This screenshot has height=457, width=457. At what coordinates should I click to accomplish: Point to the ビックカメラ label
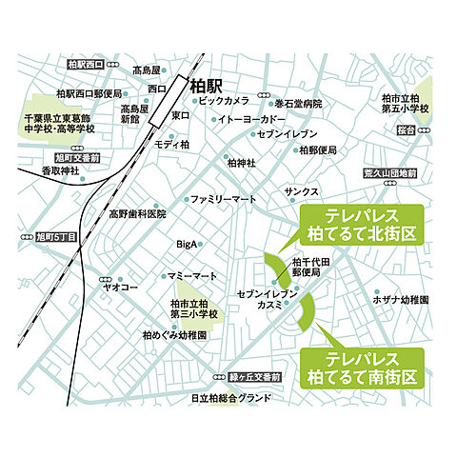tap(226, 100)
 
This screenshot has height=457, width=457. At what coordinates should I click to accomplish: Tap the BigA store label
tap(187, 245)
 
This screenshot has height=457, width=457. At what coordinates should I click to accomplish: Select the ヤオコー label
tap(119, 284)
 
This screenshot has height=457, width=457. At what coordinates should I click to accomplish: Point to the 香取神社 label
tap(58, 170)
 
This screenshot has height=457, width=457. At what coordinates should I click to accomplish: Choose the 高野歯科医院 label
tap(137, 214)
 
